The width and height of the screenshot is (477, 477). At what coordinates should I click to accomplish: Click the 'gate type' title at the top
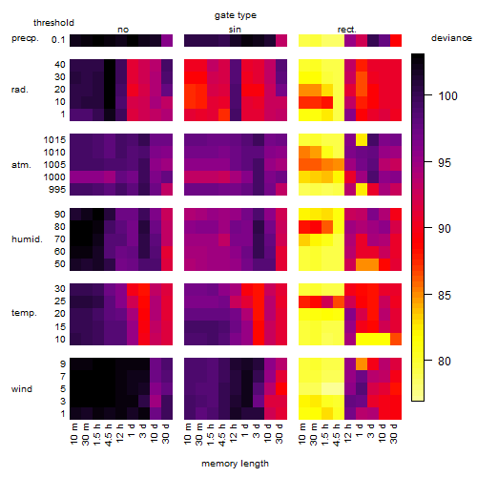(x=236, y=15)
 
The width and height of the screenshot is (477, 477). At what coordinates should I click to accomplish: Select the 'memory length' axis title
(x=235, y=464)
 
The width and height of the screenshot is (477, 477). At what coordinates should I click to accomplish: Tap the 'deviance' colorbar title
(x=451, y=38)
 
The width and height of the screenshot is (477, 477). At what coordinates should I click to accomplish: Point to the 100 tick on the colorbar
(x=428, y=94)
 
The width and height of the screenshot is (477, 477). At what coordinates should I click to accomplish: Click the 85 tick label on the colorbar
(x=445, y=296)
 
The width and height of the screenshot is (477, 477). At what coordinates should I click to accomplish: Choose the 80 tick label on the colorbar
(x=445, y=362)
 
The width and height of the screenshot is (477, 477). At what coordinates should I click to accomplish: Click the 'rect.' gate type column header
(x=347, y=30)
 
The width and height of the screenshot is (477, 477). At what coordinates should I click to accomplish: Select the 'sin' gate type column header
(x=235, y=30)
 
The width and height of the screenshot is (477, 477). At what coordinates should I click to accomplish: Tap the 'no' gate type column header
(x=123, y=30)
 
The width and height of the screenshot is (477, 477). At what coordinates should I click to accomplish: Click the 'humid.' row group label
(x=27, y=239)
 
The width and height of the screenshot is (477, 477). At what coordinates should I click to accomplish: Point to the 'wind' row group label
(x=22, y=389)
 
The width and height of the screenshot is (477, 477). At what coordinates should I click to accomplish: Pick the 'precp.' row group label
(x=25, y=39)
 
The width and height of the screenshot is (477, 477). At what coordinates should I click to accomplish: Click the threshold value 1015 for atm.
(x=54, y=140)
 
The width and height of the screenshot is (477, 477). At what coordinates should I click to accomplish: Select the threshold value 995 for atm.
(x=57, y=190)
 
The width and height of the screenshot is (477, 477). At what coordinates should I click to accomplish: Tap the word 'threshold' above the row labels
(x=53, y=23)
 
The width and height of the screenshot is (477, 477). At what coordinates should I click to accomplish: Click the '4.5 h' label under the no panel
(x=108, y=435)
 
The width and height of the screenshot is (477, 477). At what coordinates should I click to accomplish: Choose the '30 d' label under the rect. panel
(x=394, y=433)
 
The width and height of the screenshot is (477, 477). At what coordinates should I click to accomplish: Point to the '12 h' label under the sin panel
(x=234, y=433)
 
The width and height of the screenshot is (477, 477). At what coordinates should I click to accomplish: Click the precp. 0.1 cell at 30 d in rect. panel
(x=396, y=40)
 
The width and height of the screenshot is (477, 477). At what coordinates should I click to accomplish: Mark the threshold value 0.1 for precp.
(x=58, y=40)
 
